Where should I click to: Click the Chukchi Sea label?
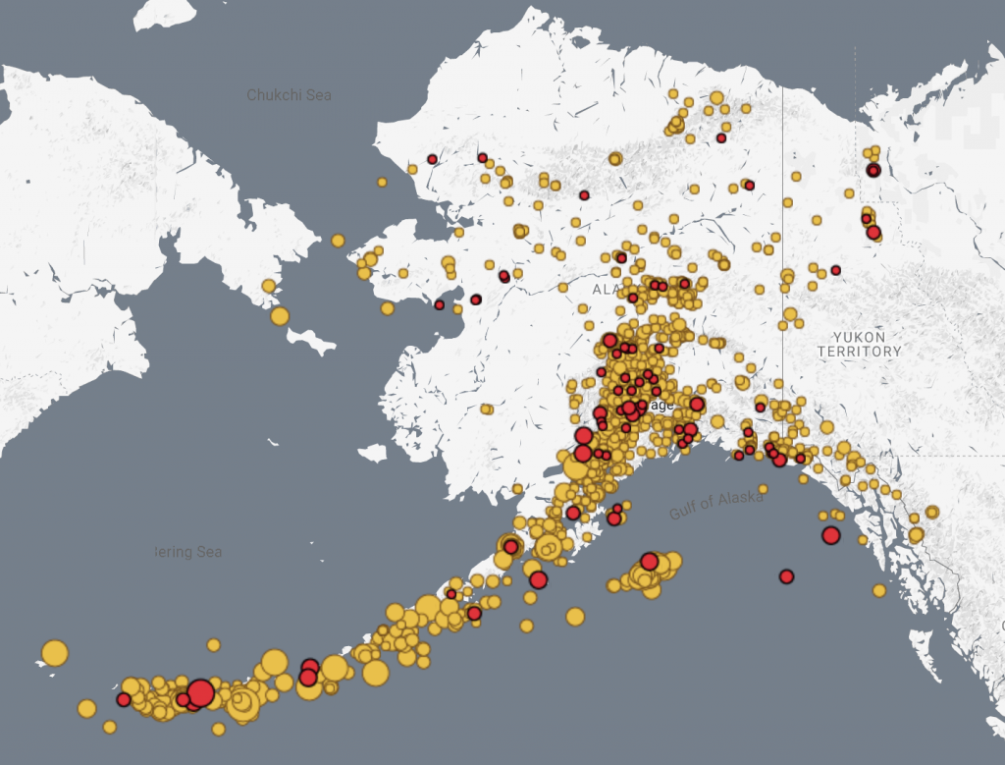[289, 95]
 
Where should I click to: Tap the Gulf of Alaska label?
[716, 505]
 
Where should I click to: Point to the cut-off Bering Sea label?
[188, 552]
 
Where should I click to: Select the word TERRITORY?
[859, 351]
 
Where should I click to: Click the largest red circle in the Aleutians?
[200, 693]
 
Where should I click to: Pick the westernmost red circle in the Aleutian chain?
[124, 699]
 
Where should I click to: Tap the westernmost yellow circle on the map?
[55, 653]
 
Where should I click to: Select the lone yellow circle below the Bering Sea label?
[213, 645]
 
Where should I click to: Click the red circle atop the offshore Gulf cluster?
[649, 562]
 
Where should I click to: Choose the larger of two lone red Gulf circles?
[831, 535]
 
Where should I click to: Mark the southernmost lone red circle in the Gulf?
[786, 576]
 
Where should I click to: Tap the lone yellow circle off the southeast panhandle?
[879, 590]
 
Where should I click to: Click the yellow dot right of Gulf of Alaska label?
[763, 489]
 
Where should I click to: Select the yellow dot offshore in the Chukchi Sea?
[382, 182]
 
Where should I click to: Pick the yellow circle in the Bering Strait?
[338, 241]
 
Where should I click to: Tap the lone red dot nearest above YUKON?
[835, 270]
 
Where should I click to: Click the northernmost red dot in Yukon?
[873, 170]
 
